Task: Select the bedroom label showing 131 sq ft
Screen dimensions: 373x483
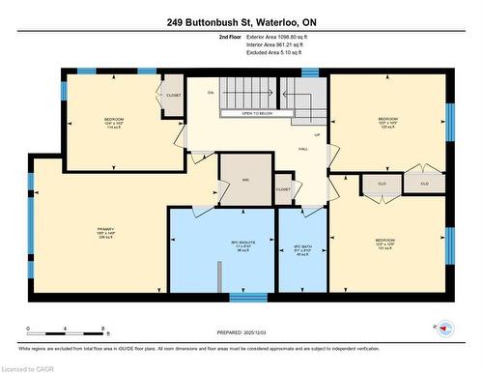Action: pos(385,243)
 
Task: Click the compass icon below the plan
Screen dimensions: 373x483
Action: pos(444,328)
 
